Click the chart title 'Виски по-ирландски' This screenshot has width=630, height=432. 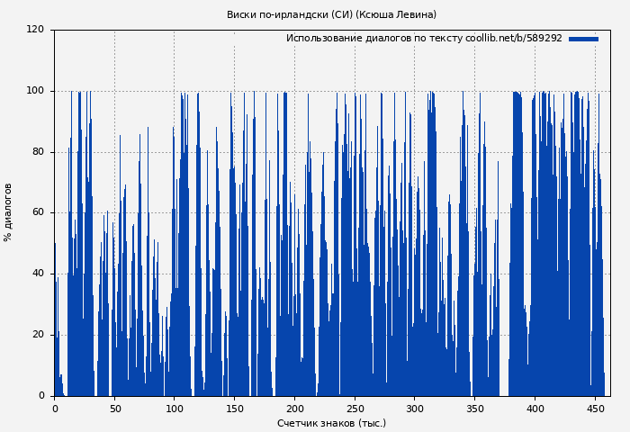(x=277, y=14)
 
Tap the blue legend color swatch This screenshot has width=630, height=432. (x=583, y=39)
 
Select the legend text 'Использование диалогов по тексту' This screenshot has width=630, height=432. (x=374, y=39)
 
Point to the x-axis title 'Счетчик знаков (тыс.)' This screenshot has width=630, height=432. (x=331, y=423)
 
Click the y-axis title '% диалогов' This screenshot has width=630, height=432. (x=8, y=212)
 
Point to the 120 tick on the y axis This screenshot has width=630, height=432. (x=35, y=30)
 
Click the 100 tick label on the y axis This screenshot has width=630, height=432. (x=35, y=91)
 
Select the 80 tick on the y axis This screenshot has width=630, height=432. (x=38, y=152)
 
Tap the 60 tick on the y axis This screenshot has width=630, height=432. (x=38, y=213)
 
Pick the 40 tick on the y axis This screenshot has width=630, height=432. (x=38, y=274)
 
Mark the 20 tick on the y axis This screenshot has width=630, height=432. (x=38, y=335)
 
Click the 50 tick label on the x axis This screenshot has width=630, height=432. (x=115, y=409)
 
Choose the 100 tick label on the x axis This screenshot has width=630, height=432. (x=175, y=409)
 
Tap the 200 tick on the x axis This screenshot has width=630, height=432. (x=294, y=409)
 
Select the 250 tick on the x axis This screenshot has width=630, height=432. (x=355, y=409)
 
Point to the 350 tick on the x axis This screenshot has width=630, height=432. (x=474, y=409)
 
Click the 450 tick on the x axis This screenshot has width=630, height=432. (x=595, y=409)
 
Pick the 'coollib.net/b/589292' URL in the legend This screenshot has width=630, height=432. (x=514, y=39)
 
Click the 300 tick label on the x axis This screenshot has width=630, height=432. (x=415, y=409)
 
